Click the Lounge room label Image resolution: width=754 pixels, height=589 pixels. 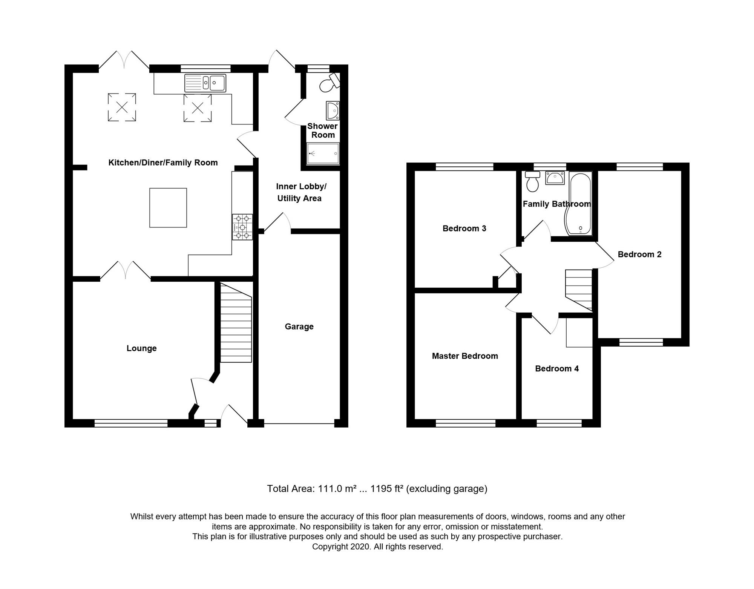coord(141,348)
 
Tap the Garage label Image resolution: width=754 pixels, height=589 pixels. coord(299,327)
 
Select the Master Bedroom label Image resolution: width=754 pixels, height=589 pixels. coord(465,356)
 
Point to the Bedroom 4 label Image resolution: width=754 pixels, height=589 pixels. coord(557,369)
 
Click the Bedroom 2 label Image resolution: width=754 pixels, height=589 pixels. coord(639,255)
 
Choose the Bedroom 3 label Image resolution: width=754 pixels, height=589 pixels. coord(464,229)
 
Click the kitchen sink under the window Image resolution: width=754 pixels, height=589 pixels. coord(205,83)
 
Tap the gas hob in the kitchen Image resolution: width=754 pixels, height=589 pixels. coord(242,227)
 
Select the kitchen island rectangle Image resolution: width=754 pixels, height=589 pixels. coord(168,208)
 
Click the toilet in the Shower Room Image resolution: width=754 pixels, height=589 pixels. coord(329,83)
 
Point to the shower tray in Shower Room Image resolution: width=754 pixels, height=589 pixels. coord(323,154)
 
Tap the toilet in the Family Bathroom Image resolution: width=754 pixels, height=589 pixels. coord(532,181)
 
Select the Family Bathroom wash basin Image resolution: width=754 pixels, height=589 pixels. coord(555,178)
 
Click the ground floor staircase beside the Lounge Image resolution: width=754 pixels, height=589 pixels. coord(236,322)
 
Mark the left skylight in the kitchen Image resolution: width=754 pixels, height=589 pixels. coord(122,107)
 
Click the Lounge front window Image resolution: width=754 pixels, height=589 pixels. coord(131,423)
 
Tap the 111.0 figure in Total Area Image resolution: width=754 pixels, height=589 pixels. coord(329,489)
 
